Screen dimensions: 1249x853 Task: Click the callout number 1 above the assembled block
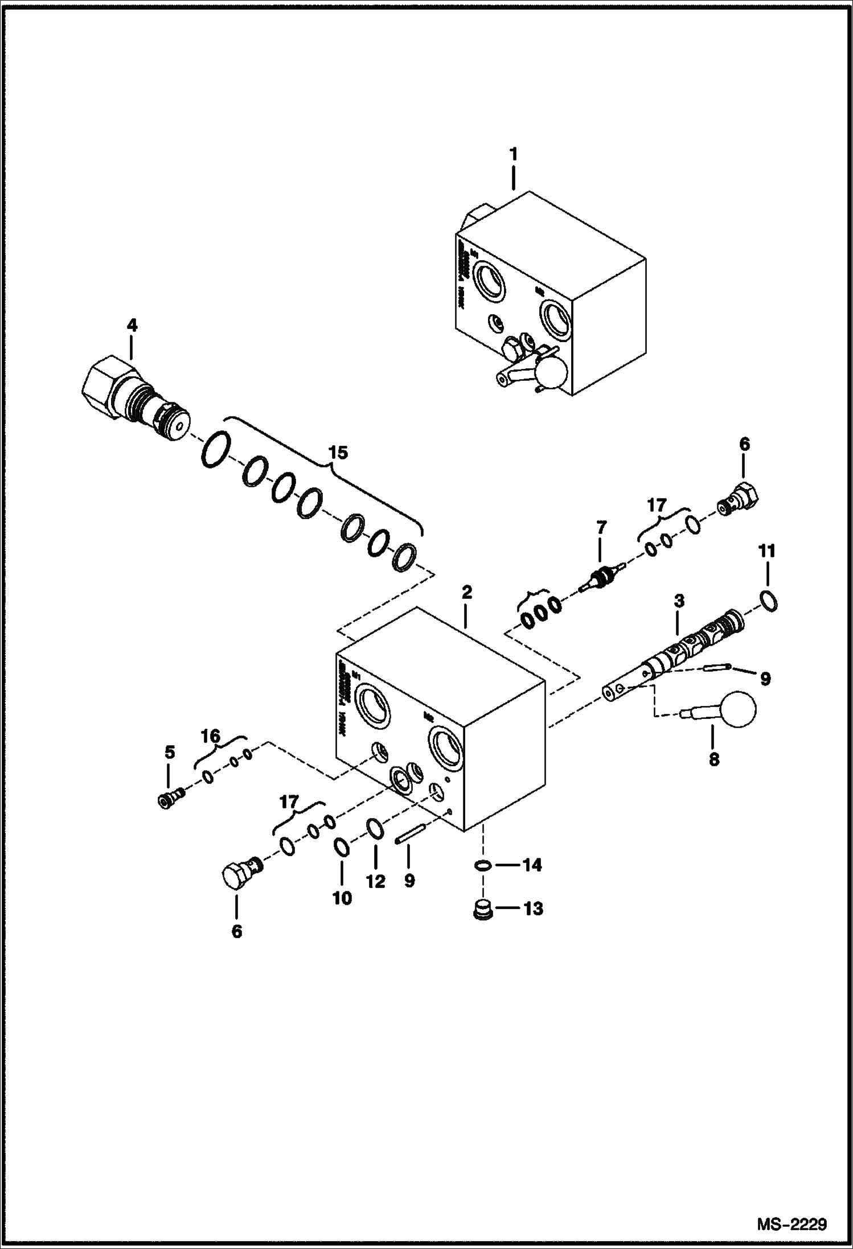[x=513, y=154]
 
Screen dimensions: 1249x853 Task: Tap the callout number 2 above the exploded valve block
[x=466, y=592]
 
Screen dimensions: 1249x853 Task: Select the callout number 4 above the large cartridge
[x=132, y=326]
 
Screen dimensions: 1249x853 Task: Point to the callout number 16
[x=211, y=736]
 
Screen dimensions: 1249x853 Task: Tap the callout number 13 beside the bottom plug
[x=534, y=908]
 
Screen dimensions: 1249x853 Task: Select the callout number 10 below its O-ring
[x=342, y=898]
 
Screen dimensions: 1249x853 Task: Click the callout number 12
[x=376, y=881]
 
